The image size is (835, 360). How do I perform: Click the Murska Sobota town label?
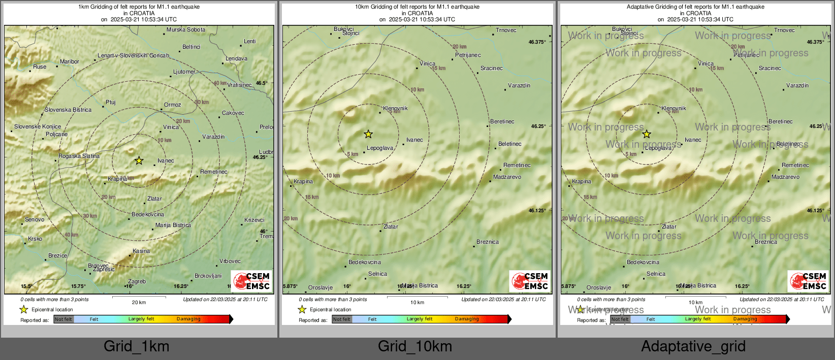(x=186, y=30)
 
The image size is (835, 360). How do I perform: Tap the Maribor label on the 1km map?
(x=69, y=62)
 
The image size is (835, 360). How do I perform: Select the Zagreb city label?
(x=137, y=282)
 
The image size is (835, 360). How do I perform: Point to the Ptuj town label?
(x=110, y=103)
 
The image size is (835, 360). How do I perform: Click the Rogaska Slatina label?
(x=79, y=156)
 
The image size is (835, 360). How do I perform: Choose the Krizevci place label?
(x=254, y=220)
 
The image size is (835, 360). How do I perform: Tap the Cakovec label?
(x=233, y=113)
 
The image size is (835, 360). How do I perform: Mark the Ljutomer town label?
(x=184, y=72)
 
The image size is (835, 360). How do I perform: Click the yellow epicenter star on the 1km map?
(x=139, y=161)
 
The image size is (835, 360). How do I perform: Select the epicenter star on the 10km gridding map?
(x=368, y=135)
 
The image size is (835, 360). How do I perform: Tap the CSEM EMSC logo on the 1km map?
(x=251, y=281)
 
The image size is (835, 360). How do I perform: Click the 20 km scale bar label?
(x=139, y=303)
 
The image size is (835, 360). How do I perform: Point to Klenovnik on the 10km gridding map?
(x=395, y=109)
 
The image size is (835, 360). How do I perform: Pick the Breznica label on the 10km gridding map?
(x=487, y=242)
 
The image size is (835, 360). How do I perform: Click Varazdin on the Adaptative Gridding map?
(x=797, y=86)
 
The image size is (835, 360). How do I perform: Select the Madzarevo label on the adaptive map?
(x=785, y=177)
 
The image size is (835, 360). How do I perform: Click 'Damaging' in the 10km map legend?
(x=467, y=319)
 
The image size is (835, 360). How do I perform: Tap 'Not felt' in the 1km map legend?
(x=63, y=319)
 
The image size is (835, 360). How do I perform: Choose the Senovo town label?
(x=35, y=220)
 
